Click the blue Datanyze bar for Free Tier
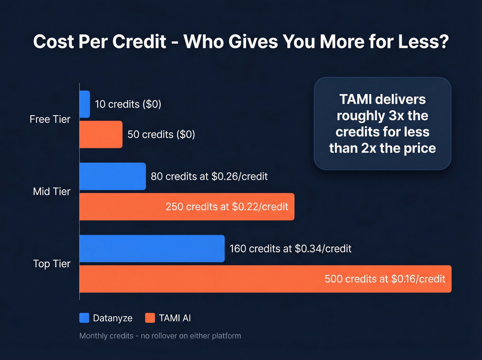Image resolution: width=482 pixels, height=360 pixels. (x=85, y=104)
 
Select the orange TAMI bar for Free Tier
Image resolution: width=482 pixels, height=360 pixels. (x=101, y=134)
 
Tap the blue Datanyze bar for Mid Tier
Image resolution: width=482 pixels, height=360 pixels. (x=113, y=176)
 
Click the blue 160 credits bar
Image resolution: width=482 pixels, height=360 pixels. (x=152, y=249)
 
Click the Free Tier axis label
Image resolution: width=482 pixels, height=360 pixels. (x=50, y=119)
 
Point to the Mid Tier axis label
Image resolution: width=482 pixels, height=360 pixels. (x=52, y=192)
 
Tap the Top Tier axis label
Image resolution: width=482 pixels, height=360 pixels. (x=52, y=264)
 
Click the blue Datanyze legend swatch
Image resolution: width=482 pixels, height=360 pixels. (x=84, y=318)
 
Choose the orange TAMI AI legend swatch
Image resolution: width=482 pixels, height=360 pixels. (x=150, y=318)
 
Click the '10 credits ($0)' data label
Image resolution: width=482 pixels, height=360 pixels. (x=128, y=104)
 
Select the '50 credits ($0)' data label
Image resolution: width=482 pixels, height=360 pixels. (x=161, y=134)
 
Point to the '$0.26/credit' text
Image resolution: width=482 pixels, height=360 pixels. (x=240, y=176)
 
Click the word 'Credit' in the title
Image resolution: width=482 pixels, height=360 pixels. (x=139, y=42)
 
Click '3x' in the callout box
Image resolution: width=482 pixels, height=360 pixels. (x=396, y=116)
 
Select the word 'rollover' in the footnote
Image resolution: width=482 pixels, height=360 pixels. (x=163, y=336)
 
